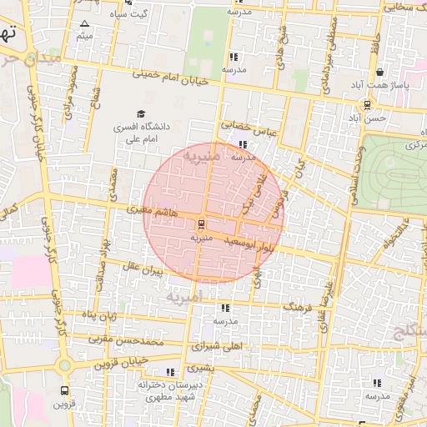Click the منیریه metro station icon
point(201,224)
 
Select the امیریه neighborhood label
point(183,296)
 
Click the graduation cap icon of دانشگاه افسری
point(140,114)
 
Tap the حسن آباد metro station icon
point(367,105)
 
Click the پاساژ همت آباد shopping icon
point(379,73)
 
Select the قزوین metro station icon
point(65,389)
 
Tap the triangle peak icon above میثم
point(84,23)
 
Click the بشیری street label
point(200,367)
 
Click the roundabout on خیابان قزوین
point(65,365)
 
